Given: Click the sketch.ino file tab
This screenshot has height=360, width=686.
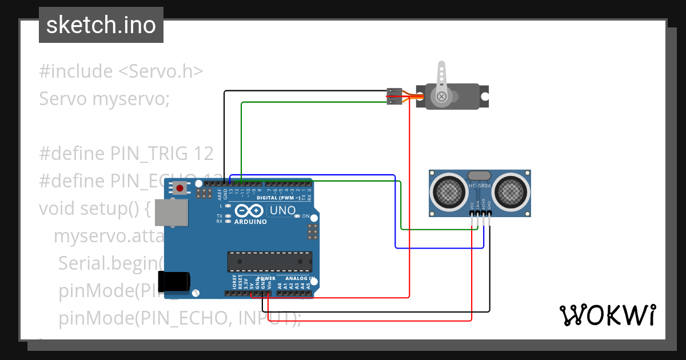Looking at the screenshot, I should tap(101, 25).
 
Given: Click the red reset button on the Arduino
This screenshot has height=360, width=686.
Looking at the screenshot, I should tap(180, 188).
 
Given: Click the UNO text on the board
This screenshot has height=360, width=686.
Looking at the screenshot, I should tap(282, 210).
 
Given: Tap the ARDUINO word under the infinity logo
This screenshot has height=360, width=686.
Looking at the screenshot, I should tap(250, 222).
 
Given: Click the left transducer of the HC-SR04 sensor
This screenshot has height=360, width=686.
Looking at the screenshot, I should tap(449, 191).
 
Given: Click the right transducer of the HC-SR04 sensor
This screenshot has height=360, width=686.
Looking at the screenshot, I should tap(510, 191).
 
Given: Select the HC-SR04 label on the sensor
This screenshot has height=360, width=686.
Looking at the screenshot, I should tap(479, 186).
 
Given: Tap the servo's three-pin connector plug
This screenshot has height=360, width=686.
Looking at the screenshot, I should tap(394, 96).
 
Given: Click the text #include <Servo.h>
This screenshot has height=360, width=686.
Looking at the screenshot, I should tap(121, 71).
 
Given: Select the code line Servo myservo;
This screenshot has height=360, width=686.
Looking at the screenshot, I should tap(105, 99).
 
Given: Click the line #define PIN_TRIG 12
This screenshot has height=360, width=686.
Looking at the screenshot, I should tap(126, 154).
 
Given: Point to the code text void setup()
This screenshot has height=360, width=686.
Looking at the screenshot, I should tap(94, 209).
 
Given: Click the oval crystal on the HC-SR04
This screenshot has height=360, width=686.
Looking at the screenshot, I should tap(479, 175).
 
